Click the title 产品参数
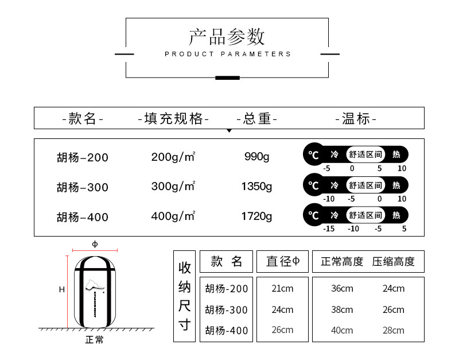pos(227,37)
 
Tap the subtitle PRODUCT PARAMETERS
pos(228,54)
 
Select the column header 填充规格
pos(174,119)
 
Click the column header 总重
pos(257,119)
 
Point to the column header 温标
pos(356,119)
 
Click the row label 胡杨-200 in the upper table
pos(82,157)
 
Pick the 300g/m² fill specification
pos(173,186)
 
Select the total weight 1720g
pos(256,216)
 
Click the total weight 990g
pos(256,156)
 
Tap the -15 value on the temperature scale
pos(329,229)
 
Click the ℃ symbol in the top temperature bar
pos(313,154)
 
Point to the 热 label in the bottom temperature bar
pos(396,215)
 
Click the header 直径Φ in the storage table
pos(283,262)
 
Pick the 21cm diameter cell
pos(282,288)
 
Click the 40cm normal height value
pos(342,330)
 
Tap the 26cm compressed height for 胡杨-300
pos(393,309)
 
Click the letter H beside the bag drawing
pos(61,290)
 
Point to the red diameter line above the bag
pos(95,251)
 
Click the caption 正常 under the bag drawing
pos(95,340)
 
